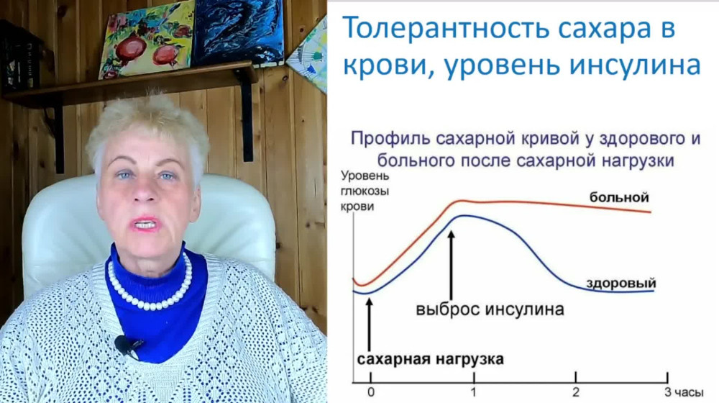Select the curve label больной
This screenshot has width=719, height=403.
[x=619, y=196]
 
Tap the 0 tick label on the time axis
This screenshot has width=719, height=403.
[x=371, y=391]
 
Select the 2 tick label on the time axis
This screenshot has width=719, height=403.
[x=575, y=391]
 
